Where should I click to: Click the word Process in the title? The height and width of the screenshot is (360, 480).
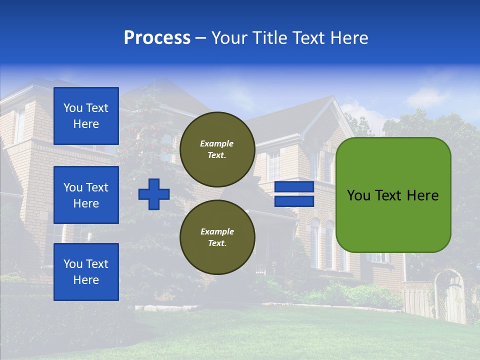pyautogui.click(x=157, y=38)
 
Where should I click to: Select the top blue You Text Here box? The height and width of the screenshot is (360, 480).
pyautogui.click(x=86, y=116)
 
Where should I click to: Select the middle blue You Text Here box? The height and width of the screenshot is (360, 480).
pyautogui.click(x=86, y=195)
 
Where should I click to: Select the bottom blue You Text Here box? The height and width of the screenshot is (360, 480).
pyautogui.click(x=86, y=272)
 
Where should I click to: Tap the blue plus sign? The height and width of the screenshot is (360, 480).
pyautogui.click(x=154, y=194)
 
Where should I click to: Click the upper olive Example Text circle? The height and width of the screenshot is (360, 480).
pyautogui.click(x=217, y=149)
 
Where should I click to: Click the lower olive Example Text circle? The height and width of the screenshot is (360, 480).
pyautogui.click(x=217, y=237)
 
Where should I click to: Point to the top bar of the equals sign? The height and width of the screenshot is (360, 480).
pyautogui.click(x=294, y=187)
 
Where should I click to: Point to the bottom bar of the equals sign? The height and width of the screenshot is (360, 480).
pyautogui.click(x=294, y=201)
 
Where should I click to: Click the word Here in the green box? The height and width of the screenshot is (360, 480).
pyautogui.click(x=422, y=195)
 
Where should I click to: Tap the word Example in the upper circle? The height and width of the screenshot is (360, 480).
pyautogui.click(x=217, y=143)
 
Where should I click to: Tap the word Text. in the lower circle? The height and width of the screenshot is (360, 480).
pyautogui.click(x=217, y=243)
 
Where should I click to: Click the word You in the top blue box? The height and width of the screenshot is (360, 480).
pyautogui.click(x=73, y=108)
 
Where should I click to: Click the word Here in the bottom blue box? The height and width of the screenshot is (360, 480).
pyautogui.click(x=86, y=280)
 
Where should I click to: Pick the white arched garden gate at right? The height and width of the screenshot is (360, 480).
pyautogui.click(x=452, y=297)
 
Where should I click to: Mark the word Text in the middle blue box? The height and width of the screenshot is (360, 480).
pyautogui.click(x=97, y=187)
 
